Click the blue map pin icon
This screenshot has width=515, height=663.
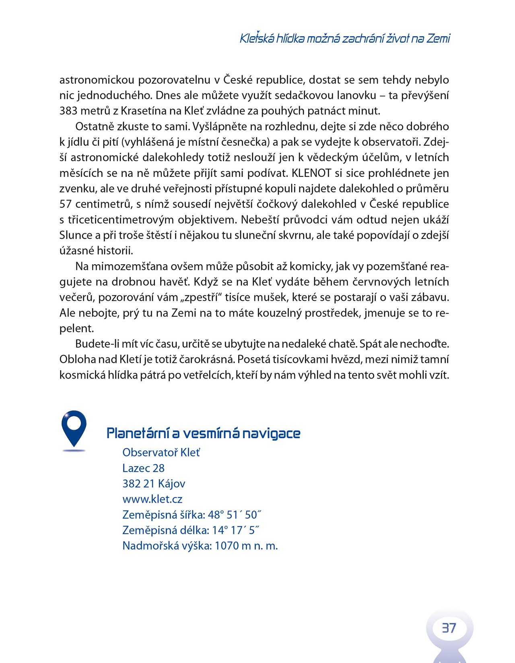tap(74, 428)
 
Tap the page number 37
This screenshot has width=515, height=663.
tap(449, 628)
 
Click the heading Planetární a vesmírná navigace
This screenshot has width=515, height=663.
tap(203, 433)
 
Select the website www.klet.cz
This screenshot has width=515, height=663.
tap(152, 499)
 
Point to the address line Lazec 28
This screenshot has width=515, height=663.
tap(144, 468)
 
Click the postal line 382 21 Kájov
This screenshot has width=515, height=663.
tap(154, 484)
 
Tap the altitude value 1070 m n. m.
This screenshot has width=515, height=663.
tap(246, 546)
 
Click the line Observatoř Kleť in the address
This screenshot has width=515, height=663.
tap(161, 453)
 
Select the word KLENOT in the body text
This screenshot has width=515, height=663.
tap(311, 173)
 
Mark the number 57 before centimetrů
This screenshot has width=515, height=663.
tap(66, 204)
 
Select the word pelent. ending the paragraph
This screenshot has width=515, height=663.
tap(77, 329)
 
